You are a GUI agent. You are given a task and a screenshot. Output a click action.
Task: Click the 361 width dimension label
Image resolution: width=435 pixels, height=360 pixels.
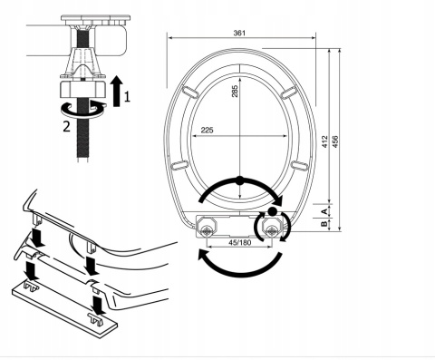point(239,33)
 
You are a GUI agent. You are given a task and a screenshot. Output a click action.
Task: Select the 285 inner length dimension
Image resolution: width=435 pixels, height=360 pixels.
point(235,92)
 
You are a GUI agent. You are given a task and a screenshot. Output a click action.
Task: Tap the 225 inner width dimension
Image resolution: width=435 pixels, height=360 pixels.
point(207,130)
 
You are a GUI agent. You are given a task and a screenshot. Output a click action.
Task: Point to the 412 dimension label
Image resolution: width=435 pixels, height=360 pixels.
point(324,141)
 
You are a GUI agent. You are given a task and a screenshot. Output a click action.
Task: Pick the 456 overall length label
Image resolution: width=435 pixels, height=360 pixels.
point(335,141)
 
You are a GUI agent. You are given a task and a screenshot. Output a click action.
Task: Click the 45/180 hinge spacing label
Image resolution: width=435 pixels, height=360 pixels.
point(239,242)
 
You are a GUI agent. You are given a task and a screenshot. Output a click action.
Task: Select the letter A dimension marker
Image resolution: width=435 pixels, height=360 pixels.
point(324,210)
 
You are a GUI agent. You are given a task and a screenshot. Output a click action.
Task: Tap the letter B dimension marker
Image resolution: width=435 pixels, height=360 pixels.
point(324,224)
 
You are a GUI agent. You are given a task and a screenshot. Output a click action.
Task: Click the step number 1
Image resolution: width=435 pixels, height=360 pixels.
point(127,97)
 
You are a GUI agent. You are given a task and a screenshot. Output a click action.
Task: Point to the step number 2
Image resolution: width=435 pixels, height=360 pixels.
point(66,126)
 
